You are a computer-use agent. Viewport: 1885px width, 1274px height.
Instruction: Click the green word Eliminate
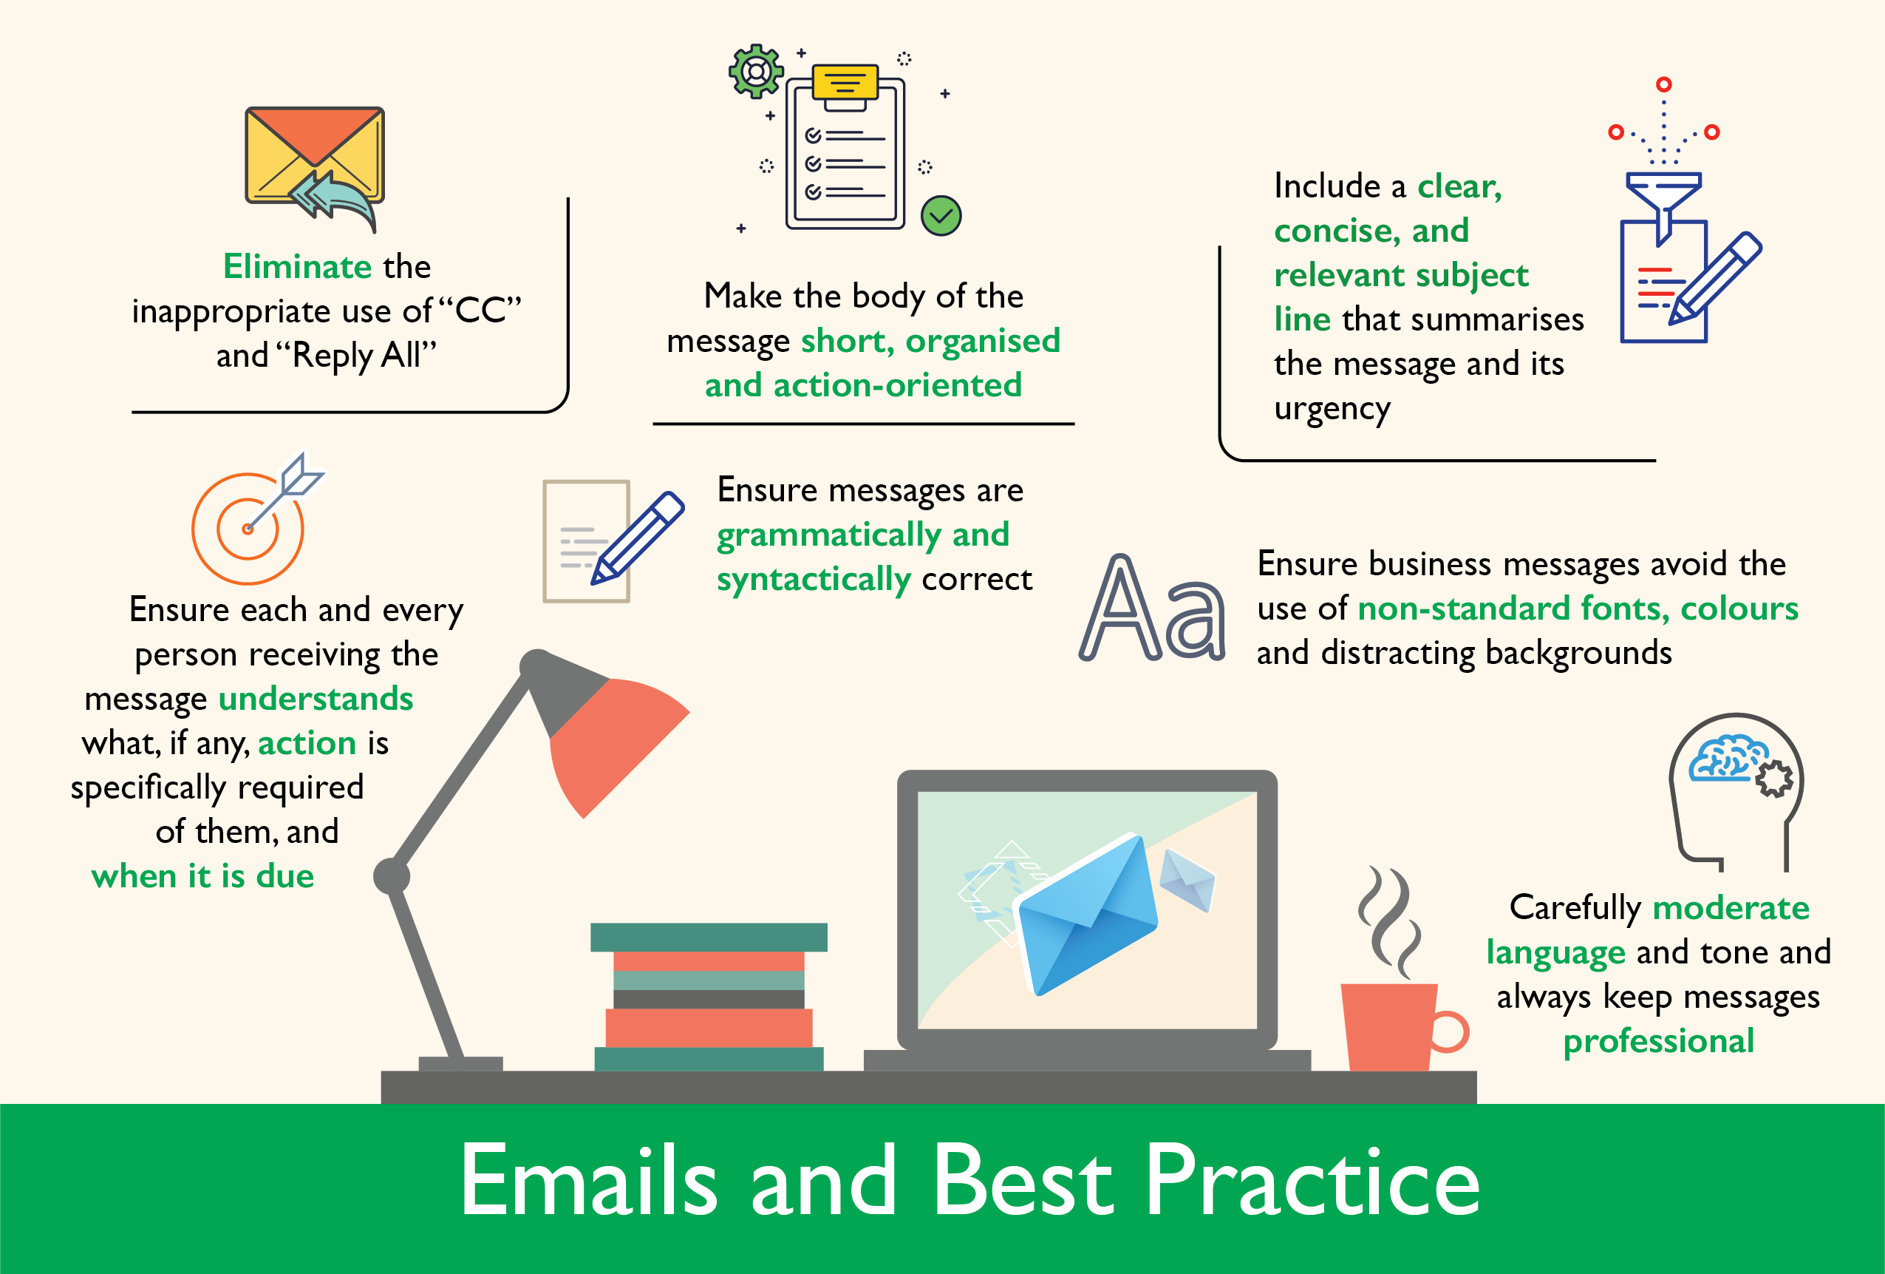tap(297, 266)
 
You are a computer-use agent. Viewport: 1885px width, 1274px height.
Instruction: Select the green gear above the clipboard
tap(756, 72)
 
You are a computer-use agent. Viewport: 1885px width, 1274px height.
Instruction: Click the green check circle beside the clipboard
tap(941, 216)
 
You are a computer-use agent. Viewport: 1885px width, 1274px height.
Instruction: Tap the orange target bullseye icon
tap(248, 528)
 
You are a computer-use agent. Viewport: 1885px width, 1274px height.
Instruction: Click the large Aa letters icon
tap(1152, 609)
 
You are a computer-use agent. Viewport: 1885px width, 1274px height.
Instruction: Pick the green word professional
tap(1659, 1042)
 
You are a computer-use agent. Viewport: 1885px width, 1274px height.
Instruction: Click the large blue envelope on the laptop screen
tap(1087, 914)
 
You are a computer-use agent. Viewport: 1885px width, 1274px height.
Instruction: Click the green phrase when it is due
tap(202, 876)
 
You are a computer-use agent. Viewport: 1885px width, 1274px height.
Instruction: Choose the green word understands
tap(316, 699)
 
